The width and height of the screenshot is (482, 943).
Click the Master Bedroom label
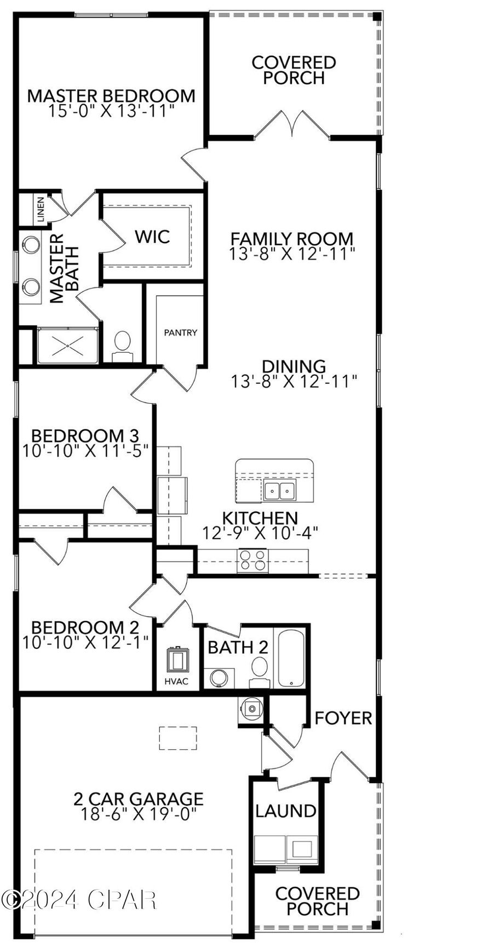pos(111,96)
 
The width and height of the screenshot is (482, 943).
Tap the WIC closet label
pos(152,237)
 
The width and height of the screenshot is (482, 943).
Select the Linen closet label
pos(41,210)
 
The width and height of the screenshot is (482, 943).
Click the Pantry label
pos(180,332)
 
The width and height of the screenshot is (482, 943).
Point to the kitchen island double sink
pos(279,491)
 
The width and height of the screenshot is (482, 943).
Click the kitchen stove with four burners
pos(253,561)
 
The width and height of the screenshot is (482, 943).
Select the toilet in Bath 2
pos(260,671)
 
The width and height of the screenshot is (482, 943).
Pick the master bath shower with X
pos(68,346)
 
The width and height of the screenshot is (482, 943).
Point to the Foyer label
pos(343,718)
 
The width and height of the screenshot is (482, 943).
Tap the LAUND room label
pos(285,810)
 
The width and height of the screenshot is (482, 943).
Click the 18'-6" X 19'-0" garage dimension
pos(138,814)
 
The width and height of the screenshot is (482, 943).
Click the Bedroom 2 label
pos(85,627)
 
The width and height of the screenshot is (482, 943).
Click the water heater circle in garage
pos(251,709)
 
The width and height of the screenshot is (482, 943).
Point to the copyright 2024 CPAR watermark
pos(79,899)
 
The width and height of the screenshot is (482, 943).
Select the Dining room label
pos(294,366)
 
